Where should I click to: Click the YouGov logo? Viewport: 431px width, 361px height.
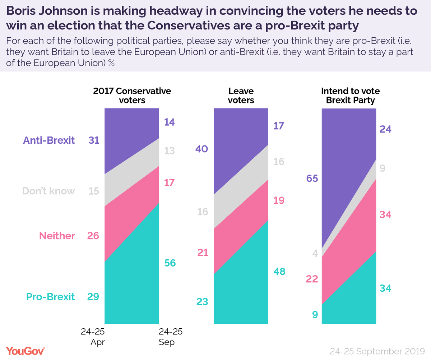pos(25,351)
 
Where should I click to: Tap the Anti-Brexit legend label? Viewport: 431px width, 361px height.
pos(49,140)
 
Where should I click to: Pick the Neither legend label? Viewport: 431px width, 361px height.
pos(57,236)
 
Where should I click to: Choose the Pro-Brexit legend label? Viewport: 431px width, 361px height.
pos(50,297)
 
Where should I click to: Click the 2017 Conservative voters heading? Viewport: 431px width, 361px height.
pos(132,95)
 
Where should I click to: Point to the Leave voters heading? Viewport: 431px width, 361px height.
pos(241,95)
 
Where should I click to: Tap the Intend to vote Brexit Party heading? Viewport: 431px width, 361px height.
pos(350,95)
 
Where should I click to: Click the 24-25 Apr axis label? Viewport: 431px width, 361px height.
pos(92,337)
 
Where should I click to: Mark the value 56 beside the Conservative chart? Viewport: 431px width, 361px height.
pos(170,263)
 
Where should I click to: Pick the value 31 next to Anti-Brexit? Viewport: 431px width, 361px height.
pos(94,140)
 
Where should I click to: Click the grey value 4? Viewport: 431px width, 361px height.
pos(315,253)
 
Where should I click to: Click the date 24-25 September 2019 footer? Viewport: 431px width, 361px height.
pos(376,351)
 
